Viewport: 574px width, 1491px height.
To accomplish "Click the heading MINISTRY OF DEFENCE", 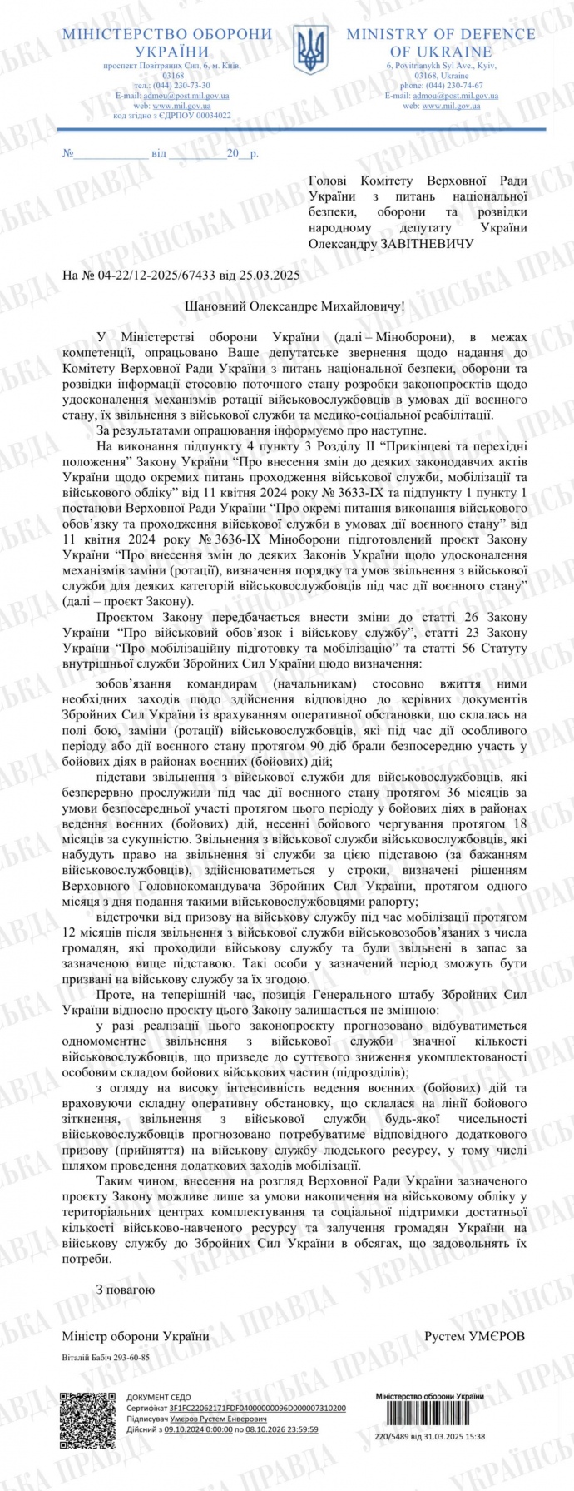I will click(441, 34).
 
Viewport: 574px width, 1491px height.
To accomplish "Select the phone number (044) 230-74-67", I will click(453, 85).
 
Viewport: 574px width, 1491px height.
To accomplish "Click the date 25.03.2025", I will click(271, 275).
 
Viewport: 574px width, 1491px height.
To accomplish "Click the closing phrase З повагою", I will click(126, 1289).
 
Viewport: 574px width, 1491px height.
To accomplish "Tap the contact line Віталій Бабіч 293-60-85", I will click(106, 1356).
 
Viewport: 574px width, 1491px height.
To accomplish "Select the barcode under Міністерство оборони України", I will click(430, 1415).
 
